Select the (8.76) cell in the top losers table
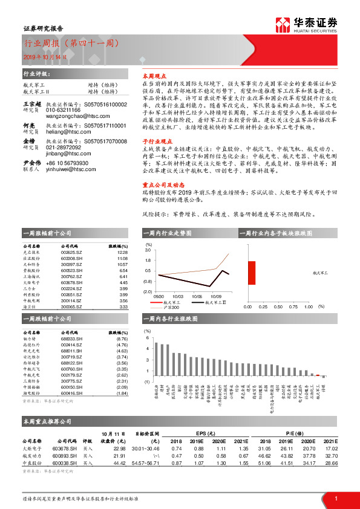pos(122,340)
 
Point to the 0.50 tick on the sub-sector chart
pos(278,308)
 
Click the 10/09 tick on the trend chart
pos(217,297)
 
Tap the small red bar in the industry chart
pos(318,375)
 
